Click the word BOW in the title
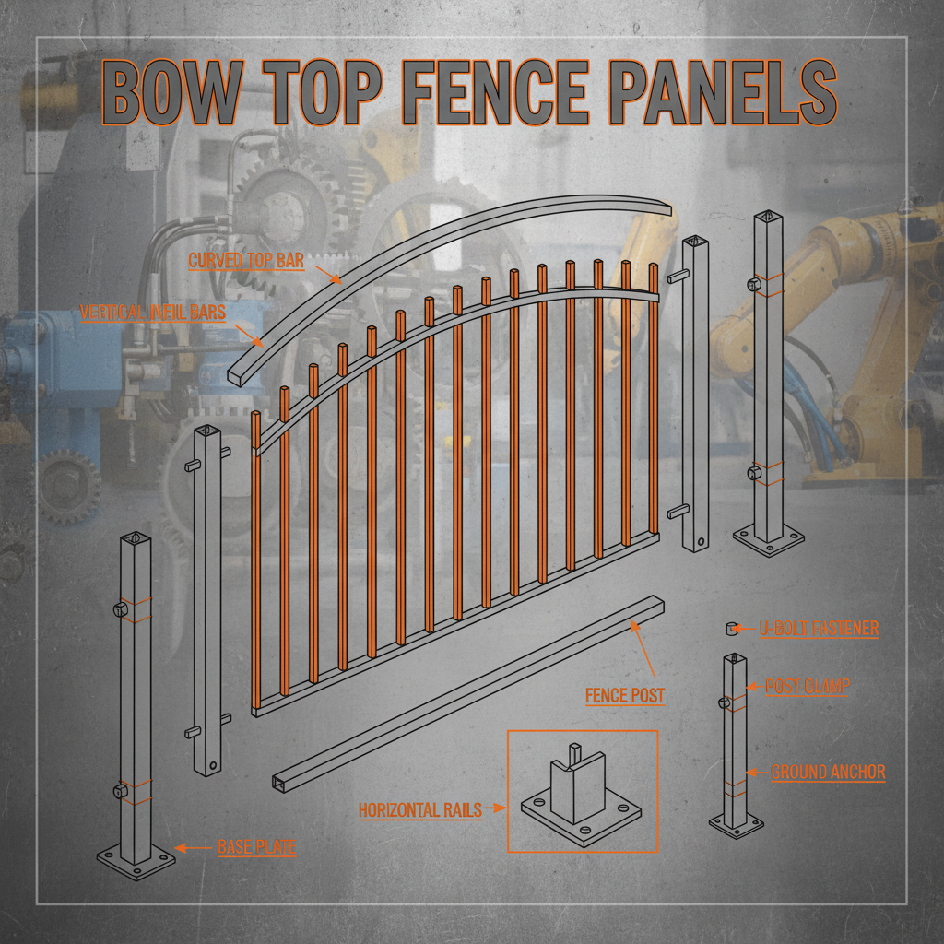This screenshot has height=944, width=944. tap(172, 92)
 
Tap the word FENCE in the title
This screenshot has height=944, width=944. tap(494, 92)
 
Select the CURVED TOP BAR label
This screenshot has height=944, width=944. tap(246, 260)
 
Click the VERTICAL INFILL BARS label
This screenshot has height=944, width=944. tap(153, 312)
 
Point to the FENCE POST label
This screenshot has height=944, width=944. tap(625, 695)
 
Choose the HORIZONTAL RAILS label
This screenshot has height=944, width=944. tap(420, 809)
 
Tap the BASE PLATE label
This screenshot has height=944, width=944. tap(256, 847)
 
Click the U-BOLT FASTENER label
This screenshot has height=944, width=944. tap(819, 628)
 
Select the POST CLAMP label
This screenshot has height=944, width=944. tap(807, 686)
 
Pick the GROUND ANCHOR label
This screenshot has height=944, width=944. tap(829, 772)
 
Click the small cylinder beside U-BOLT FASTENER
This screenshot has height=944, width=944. tap(731, 629)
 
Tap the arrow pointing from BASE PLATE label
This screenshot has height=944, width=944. tap(194, 848)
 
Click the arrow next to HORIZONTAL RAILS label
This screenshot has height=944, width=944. tap(495, 808)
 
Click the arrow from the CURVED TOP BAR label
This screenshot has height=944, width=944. tap(329, 275)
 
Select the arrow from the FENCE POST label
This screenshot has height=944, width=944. tap(643, 651)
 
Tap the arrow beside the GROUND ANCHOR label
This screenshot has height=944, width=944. tap(758, 772)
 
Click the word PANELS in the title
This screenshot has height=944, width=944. tap(723, 92)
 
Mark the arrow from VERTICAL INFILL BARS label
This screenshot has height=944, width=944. tap(249, 336)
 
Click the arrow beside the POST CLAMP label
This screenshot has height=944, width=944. tap(754, 686)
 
